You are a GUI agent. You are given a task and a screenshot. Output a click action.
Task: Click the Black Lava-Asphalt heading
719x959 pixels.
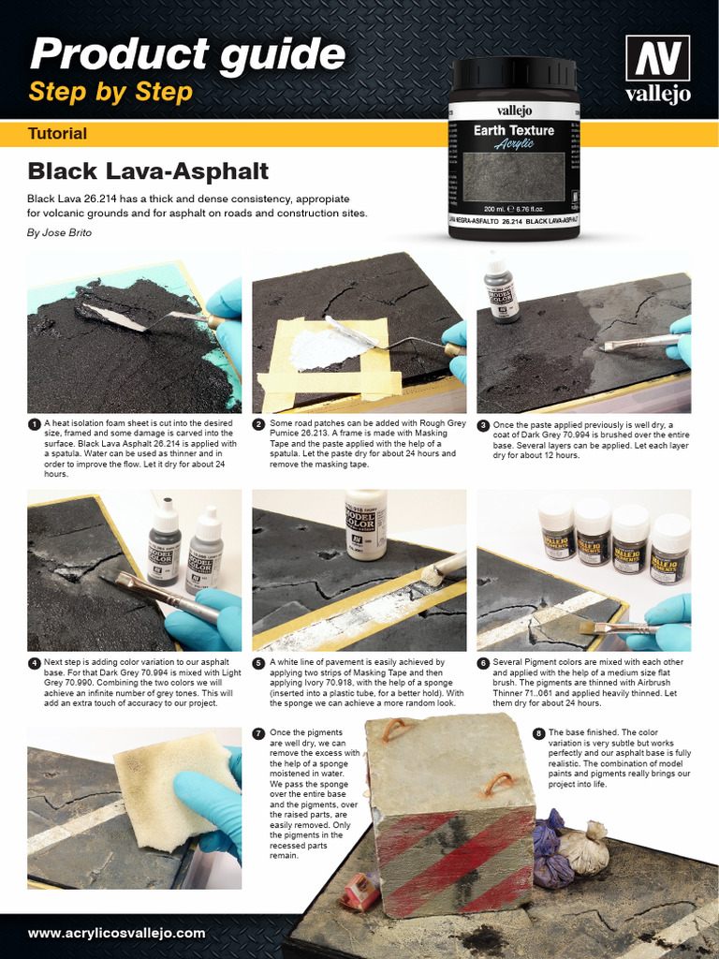pos(148,171)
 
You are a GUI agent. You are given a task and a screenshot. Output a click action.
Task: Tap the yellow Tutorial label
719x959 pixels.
pos(58,134)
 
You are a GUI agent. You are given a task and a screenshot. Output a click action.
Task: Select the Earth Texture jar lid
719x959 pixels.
pos(514,74)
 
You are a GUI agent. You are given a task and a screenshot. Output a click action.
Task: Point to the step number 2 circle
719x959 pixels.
pos(258,424)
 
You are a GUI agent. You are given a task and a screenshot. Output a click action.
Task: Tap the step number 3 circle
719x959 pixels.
pos(483,425)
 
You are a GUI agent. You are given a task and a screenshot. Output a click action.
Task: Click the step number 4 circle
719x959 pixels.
pos(34,663)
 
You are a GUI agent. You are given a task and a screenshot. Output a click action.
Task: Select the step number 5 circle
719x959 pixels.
pos(258,663)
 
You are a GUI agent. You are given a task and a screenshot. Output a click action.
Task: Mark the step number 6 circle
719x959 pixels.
pos(483,663)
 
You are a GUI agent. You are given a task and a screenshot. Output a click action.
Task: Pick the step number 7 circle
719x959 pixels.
pos(258,733)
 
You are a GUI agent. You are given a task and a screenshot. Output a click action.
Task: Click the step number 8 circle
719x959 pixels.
pos(538,733)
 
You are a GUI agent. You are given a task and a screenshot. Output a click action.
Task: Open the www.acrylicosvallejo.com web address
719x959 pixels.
pos(117,933)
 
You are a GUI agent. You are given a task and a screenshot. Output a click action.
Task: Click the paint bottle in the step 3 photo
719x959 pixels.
pos(501,290)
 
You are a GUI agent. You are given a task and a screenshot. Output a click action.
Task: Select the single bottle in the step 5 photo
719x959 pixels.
pos(365,524)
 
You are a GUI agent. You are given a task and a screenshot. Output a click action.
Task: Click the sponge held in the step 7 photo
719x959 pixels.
pos(173,787)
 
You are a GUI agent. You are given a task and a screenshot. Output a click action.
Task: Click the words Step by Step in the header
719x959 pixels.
pos(110,93)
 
